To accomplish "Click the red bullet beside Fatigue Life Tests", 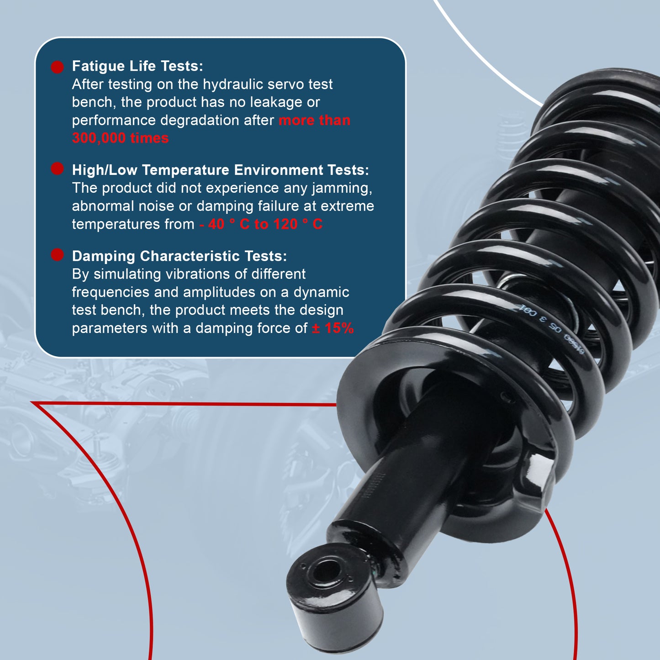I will coord(57,67).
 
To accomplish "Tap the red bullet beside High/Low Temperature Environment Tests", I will coord(57,169).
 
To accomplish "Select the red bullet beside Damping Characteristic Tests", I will coord(57,255).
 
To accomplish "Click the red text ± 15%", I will coord(333,328).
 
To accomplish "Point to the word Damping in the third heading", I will coord(104,256).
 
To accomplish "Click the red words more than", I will coord(314,121).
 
